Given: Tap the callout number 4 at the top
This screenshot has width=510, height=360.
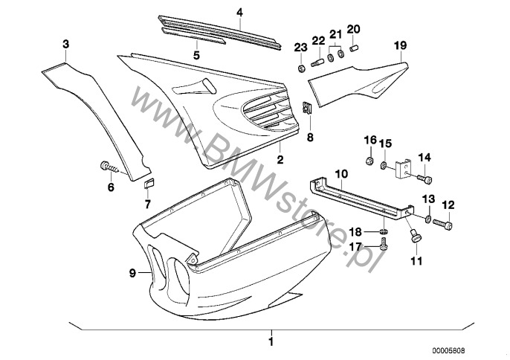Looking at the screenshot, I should pos(239,12).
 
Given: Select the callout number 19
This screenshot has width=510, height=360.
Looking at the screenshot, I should pos(401,46).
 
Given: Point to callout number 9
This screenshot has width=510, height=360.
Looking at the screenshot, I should pos(133,274).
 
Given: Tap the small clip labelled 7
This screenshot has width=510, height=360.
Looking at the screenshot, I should pos(148,184).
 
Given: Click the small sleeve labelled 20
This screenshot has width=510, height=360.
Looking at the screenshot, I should pos(354,49).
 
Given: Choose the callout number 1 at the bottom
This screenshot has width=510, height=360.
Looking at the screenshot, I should pos(271,343).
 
